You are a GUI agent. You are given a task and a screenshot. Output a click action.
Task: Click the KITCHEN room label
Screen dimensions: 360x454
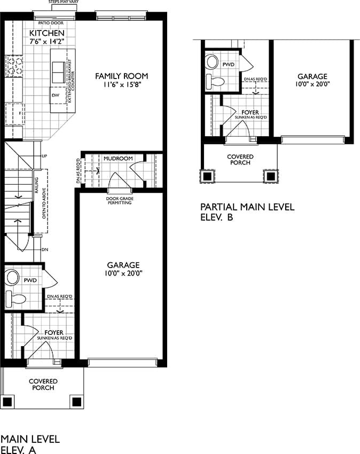(46, 33)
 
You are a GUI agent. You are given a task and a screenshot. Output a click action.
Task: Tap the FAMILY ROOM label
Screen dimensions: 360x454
(122, 76)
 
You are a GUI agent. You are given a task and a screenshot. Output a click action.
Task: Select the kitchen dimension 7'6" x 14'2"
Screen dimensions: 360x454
(46, 42)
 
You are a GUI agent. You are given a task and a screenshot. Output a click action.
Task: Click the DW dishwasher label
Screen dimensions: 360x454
(56, 95)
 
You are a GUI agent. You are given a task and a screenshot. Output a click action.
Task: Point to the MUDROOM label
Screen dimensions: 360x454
(118, 159)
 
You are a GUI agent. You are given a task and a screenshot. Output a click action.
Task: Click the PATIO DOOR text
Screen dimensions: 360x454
(51, 23)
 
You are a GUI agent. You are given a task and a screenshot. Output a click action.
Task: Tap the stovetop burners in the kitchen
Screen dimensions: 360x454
(14, 66)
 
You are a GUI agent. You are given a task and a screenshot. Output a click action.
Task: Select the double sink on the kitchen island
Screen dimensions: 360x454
(58, 73)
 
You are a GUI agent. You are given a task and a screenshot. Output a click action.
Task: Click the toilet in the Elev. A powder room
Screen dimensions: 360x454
(15, 299)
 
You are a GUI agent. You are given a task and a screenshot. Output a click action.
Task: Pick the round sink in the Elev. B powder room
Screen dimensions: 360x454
(212, 61)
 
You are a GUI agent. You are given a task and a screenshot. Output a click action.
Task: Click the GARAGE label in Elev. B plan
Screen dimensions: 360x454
(312, 76)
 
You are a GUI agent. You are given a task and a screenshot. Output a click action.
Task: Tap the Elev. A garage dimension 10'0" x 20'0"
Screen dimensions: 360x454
(124, 273)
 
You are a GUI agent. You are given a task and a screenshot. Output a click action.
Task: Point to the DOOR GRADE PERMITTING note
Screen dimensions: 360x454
(120, 201)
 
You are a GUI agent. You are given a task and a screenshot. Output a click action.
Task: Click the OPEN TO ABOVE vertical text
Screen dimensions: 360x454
(44, 203)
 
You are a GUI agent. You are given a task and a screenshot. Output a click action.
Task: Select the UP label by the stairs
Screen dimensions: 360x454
(44, 156)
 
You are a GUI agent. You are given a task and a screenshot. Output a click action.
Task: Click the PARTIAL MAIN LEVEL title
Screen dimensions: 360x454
(247, 207)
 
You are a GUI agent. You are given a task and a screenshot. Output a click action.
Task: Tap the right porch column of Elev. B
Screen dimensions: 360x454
(271, 176)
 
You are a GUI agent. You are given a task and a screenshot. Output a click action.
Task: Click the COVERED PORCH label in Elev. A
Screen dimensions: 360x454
(43, 385)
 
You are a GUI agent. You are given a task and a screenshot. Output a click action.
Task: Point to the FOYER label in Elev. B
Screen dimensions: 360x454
(250, 112)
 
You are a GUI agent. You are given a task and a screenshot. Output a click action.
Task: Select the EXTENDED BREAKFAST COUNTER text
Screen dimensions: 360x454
(71, 81)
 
